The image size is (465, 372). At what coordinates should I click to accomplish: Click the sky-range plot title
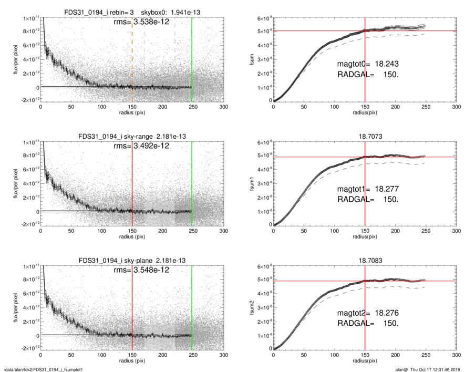pyautogui.click(x=132, y=137)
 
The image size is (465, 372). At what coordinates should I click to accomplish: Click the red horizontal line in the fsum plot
pyautogui.click(x=410, y=31)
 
